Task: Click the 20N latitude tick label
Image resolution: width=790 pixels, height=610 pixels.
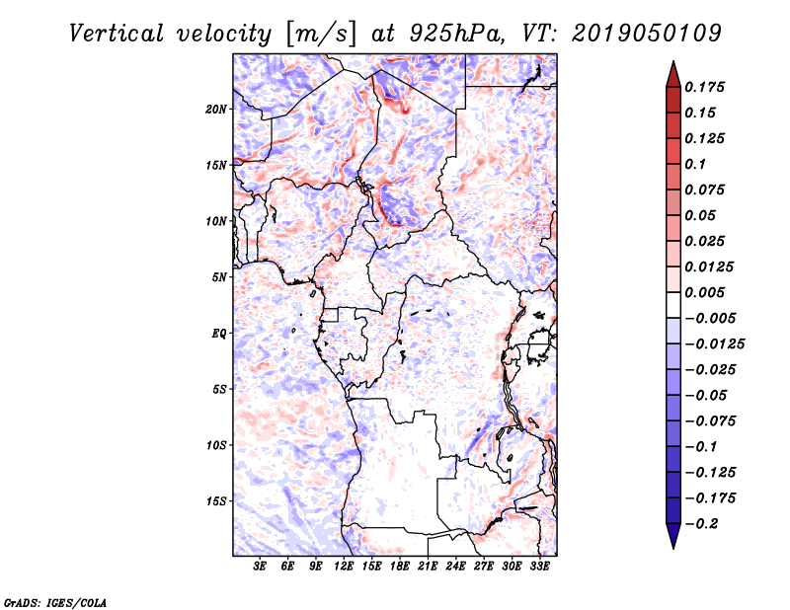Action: point(216,109)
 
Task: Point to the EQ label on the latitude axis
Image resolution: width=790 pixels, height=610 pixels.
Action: point(219,333)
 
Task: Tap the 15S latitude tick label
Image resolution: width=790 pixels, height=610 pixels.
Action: point(216,500)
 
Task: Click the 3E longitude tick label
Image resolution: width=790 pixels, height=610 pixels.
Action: point(261,567)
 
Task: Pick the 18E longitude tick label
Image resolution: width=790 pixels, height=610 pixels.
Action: point(400,567)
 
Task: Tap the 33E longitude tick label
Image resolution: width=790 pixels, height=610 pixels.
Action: point(539,567)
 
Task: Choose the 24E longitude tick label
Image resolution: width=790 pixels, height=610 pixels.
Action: point(455,567)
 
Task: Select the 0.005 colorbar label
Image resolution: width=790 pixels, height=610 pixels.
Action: point(707,292)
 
